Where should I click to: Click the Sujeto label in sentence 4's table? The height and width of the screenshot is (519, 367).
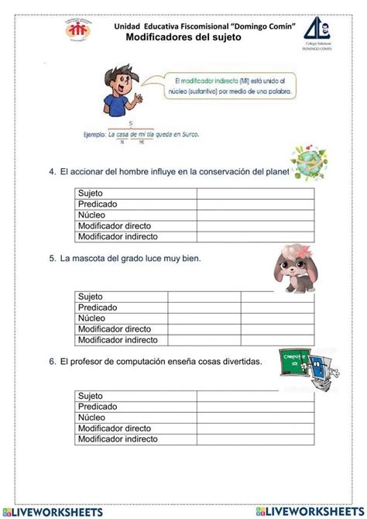(x=91, y=193)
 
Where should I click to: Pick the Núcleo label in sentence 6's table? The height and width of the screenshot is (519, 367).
(x=92, y=418)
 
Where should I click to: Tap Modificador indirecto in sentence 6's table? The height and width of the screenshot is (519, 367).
(x=118, y=439)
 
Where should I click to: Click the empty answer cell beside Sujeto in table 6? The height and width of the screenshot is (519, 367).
(x=255, y=396)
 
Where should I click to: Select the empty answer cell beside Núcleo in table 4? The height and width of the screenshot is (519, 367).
(x=255, y=215)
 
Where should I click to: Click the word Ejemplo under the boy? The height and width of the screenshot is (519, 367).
(x=94, y=134)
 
